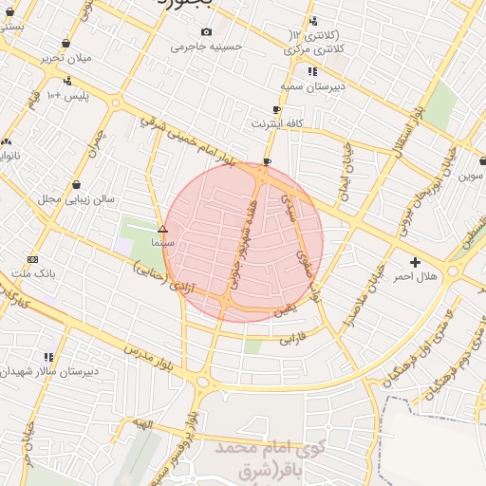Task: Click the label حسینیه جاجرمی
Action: (x=207, y=46)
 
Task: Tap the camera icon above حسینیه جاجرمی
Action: (x=207, y=32)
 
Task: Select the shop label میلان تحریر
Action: (x=65, y=57)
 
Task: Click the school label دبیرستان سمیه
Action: (x=311, y=85)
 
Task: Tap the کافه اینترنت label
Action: (x=276, y=123)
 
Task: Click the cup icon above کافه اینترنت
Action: (x=276, y=110)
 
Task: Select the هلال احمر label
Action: (x=414, y=275)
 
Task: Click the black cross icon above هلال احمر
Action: (x=414, y=262)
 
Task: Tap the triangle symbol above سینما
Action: (x=162, y=229)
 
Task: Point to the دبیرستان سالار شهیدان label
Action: (x=47, y=371)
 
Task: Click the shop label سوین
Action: (x=471, y=176)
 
